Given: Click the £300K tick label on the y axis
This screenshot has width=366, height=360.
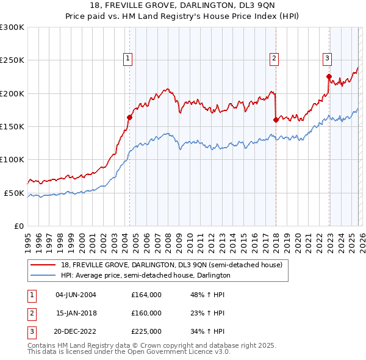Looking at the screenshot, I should pyautogui.click(x=12, y=27).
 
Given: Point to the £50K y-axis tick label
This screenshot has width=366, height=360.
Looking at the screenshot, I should pyautogui.click(x=14, y=193).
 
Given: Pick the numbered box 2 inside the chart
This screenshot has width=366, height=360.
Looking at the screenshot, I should pyautogui.click(x=274, y=59).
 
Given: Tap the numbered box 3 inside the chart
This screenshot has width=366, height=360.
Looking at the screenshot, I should pyautogui.click(x=327, y=59).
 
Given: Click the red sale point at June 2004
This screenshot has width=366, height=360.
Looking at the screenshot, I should pyautogui.click(x=129, y=118).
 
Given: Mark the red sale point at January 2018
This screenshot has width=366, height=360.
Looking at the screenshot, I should pyautogui.click(x=276, y=120).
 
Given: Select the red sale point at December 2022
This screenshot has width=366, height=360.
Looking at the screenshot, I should pyautogui.click(x=329, y=77).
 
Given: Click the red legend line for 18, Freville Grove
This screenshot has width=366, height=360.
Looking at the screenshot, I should pyautogui.click(x=43, y=265).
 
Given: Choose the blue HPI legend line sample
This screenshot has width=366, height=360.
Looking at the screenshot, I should pyautogui.click(x=43, y=276).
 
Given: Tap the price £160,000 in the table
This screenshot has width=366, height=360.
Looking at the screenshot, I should pyautogui.click(x=146, y=313).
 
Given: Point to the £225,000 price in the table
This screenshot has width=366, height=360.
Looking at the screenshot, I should pyautogui.click(x=146, y=331).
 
